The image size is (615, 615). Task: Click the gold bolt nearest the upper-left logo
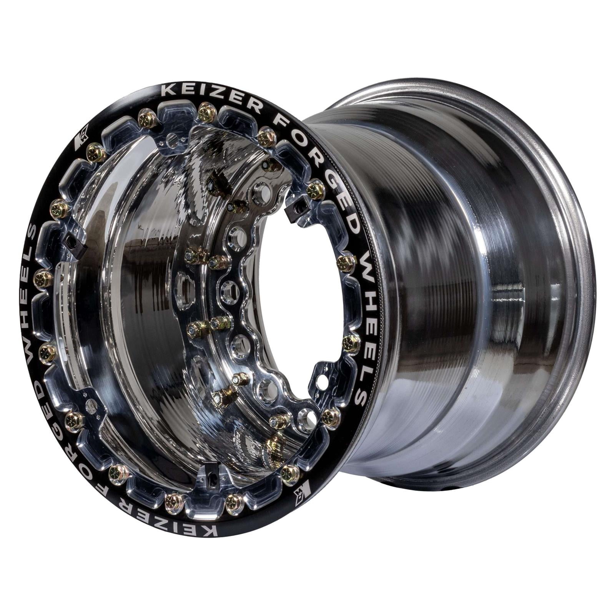(95, 154)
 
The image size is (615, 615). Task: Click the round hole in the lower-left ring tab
(91, 406)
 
